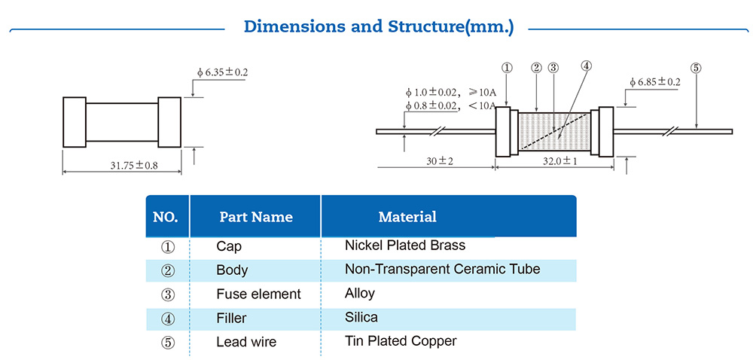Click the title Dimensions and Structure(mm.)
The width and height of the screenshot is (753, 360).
(x=379, y=27)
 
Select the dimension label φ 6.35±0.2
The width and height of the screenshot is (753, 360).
(x=222, y=72)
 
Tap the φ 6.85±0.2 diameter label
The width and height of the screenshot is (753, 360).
(x=654, y=81)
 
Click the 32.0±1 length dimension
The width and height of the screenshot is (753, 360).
(x=559, y=161)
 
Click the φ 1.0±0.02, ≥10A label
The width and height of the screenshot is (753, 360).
(x=450, y=93)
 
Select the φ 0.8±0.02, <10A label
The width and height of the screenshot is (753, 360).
(x=450, y=106)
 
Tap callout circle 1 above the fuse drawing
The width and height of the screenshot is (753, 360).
(x=507, y=67)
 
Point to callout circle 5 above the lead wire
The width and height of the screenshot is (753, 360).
(x=696, y=67)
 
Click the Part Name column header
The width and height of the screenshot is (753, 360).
(x=255, y=217)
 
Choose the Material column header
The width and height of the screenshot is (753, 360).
(x=407, y=217)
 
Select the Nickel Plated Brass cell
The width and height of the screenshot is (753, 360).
(x=404, y=246)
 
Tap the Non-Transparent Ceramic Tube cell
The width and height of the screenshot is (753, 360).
(x=442, y=269)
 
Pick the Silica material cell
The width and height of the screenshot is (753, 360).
(x=361, y=317)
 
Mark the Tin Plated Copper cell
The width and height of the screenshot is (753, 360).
(x=400, y=341)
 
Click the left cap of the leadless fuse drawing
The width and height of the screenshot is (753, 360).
(x=74, y=122)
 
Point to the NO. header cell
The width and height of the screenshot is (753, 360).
(x=166, y=217)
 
